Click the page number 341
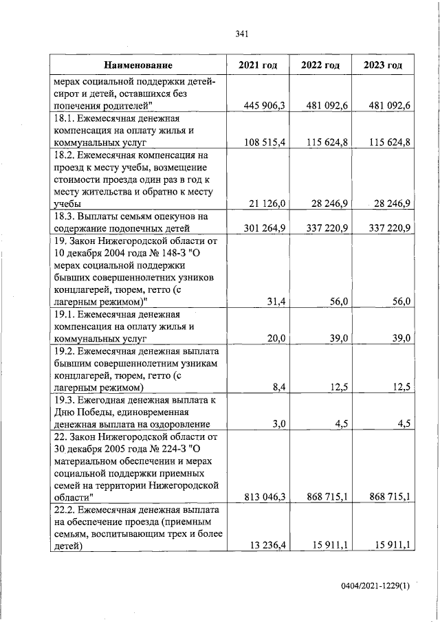click(241, 34)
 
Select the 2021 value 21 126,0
click(269, 204)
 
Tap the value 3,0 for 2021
click(278, 424)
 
